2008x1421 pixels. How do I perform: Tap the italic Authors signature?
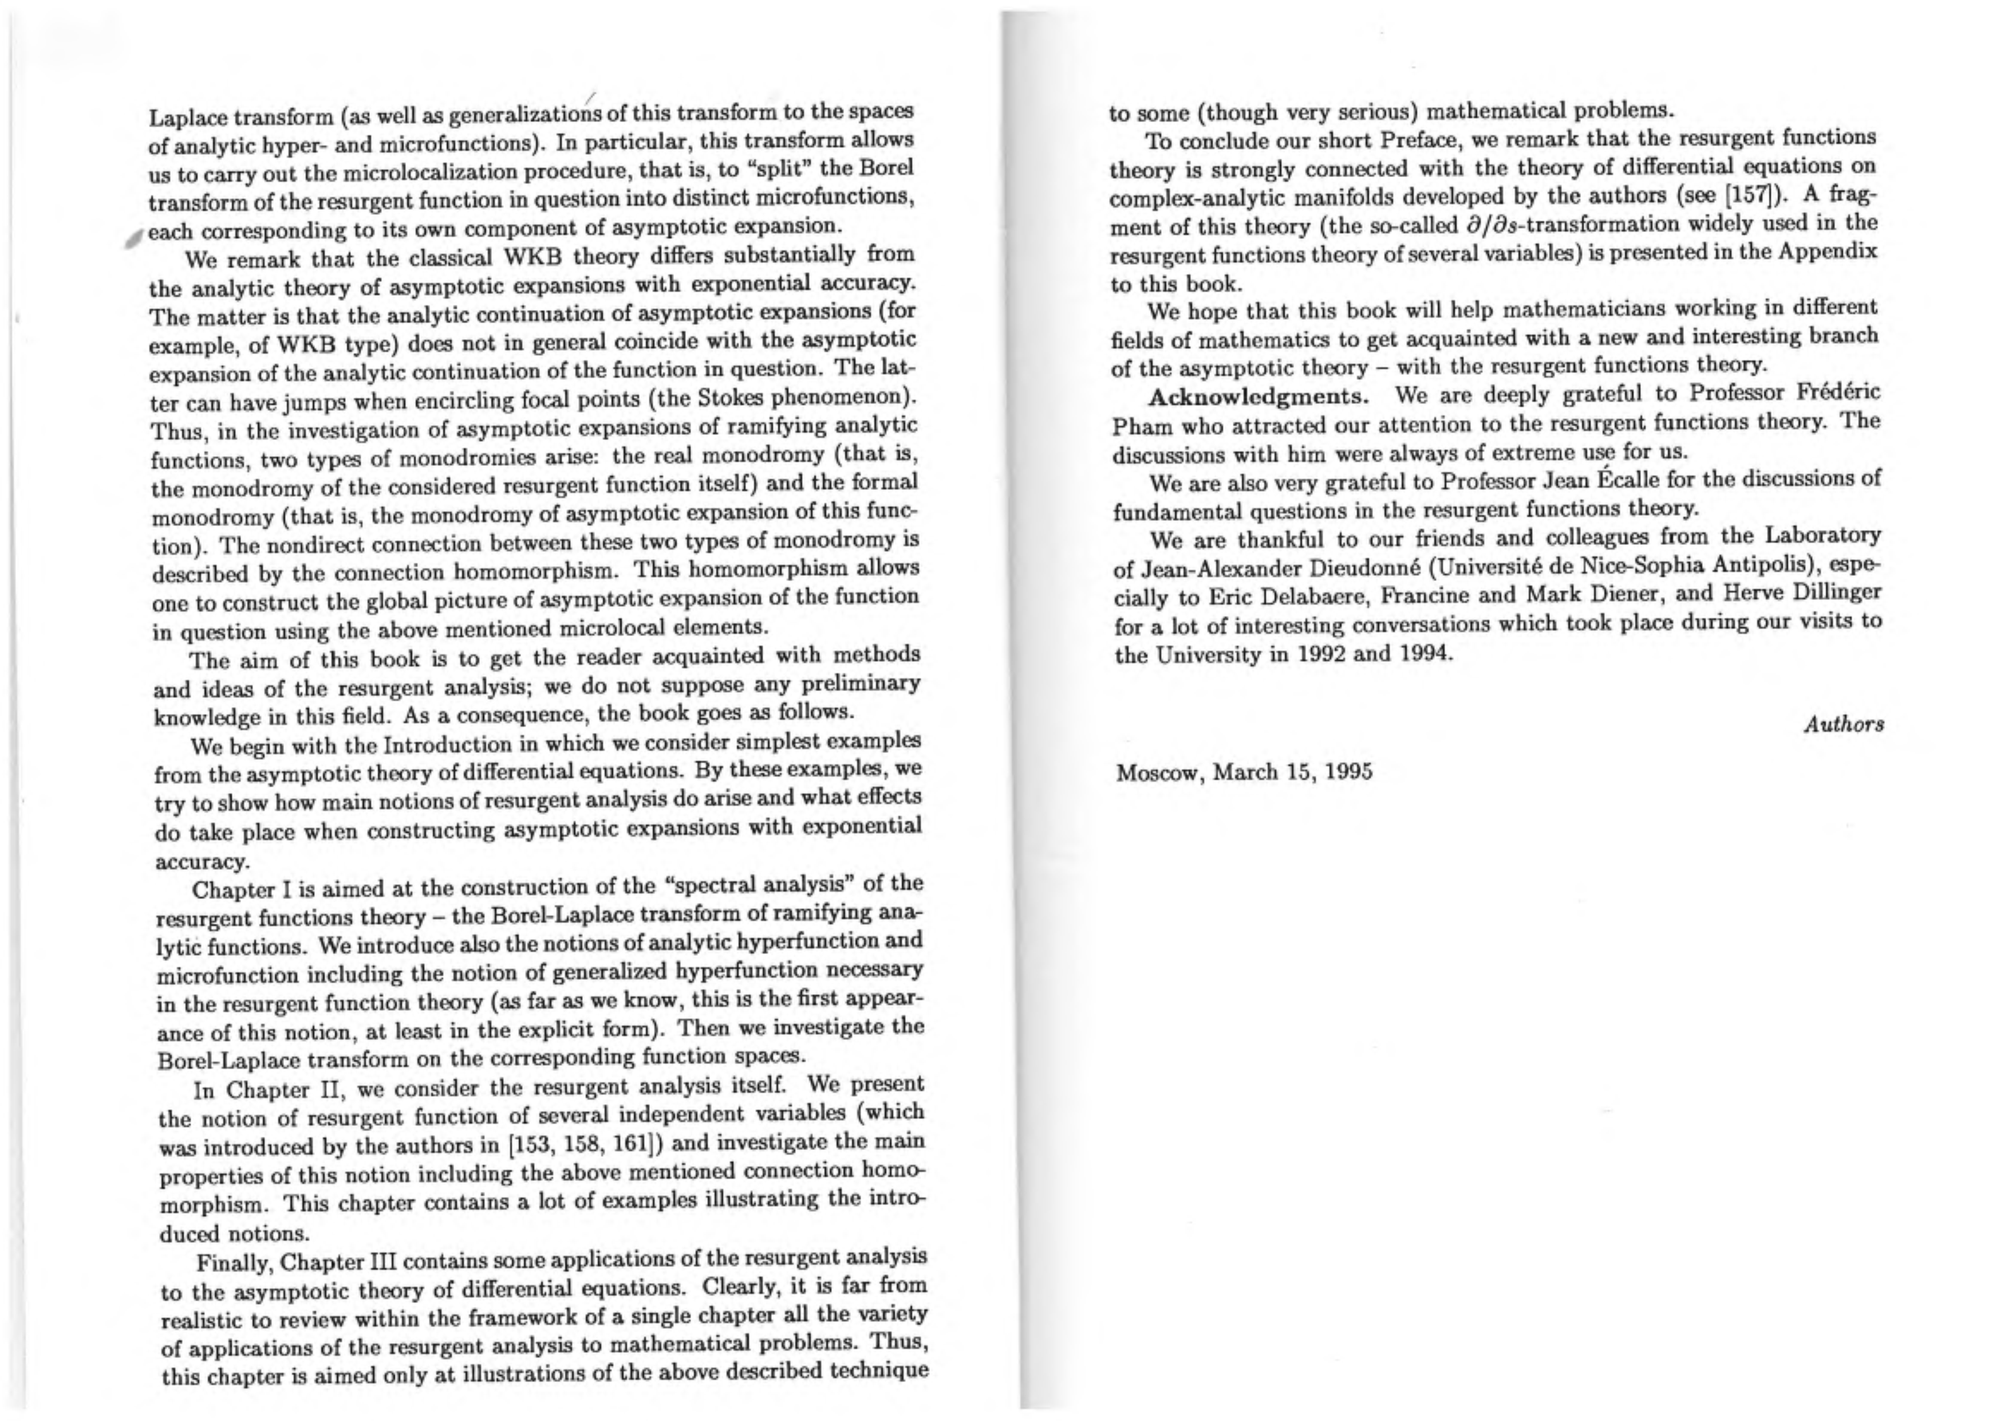click(1844, 724)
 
